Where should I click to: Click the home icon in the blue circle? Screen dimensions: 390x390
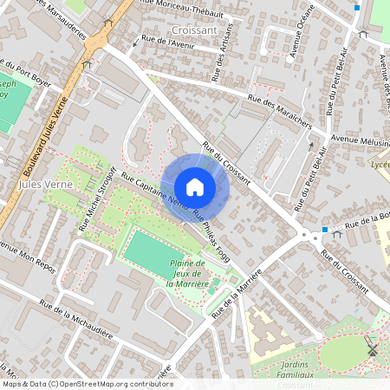click(x=195, y=187)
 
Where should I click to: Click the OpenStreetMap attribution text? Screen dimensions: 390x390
click(x=87, y=384)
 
